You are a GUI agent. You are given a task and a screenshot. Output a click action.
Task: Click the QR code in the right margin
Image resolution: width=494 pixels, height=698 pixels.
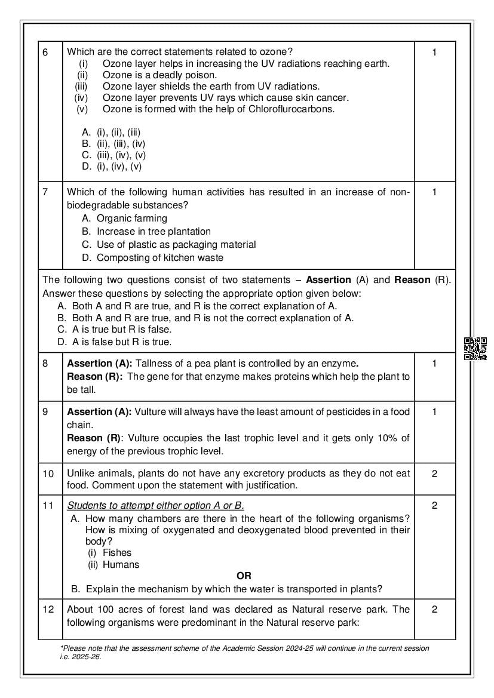click(x=475, y=349)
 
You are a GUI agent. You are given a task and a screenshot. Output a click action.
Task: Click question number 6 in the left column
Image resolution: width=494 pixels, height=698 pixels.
click(x=46, y=53)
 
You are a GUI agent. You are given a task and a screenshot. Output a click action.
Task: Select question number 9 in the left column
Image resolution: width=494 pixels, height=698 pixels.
click(x=46, y=411)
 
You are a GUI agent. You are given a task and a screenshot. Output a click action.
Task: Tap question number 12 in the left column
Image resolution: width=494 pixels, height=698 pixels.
click(x=48, y=609)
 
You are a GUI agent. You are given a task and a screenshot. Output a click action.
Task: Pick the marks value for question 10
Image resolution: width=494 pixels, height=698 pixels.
click(x=434, y=473)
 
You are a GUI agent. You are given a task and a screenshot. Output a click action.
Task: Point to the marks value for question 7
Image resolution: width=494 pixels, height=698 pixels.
click(x=434, y=192)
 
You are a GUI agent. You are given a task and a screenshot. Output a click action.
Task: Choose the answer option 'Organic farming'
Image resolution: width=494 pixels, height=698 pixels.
click(x=131, y=218)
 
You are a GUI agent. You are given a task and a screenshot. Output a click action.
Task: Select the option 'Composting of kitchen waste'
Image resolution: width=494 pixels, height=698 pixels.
click(x=159, y=257)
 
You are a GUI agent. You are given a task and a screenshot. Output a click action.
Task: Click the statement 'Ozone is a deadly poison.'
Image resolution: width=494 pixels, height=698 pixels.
click(x=159, y=75)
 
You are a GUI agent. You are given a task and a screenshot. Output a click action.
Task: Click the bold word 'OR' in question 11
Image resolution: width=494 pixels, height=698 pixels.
click(x=244, y=576)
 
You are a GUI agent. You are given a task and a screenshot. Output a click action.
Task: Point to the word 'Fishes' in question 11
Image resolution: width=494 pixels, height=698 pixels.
click(x=116, y=552)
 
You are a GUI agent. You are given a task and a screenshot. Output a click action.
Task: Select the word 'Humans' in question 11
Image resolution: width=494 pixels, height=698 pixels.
click(x=121, y=564)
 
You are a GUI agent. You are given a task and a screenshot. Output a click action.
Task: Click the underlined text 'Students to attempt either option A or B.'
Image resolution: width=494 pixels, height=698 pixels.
click(x=155, y=505)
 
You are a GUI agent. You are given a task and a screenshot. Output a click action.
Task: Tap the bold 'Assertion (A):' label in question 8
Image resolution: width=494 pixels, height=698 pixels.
click(x=99, y=363)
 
